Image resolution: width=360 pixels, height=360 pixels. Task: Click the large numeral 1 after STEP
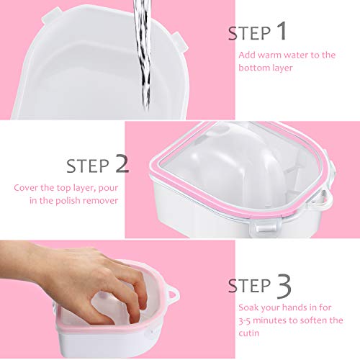(282, 31)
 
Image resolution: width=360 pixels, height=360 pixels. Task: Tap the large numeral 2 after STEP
(122, 163)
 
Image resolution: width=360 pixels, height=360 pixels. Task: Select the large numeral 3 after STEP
(284, 287)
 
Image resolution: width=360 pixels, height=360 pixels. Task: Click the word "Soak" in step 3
(248, 307)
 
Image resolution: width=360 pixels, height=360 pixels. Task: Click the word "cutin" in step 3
(249, 333)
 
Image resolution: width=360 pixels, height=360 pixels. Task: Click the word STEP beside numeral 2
(88, 166)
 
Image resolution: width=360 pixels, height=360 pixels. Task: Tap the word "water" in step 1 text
(296, 55)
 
